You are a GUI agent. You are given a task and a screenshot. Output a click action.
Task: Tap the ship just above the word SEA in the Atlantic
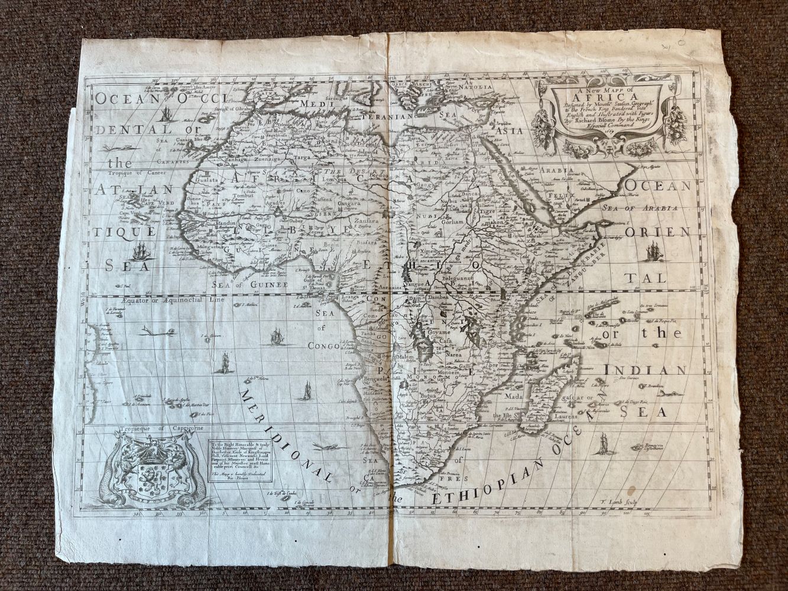coord(142,251)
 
